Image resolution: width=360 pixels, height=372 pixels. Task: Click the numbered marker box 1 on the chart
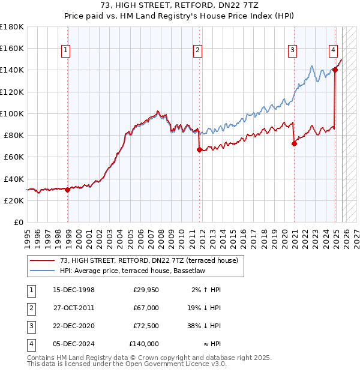coord(65,51)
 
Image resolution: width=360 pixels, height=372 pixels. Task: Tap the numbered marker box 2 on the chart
coord(197,51)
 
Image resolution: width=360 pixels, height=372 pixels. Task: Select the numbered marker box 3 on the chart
coord(292,51)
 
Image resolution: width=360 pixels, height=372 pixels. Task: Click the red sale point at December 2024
coord(335,70)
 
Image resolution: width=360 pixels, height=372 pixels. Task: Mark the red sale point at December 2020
coord(295,143)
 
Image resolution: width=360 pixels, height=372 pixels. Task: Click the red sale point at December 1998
coord(68,190)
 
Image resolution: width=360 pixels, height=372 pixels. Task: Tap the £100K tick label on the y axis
coord(12,113)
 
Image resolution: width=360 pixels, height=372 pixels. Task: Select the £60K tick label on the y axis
coord(14,157)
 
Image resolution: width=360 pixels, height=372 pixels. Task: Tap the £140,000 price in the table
coord(144,344)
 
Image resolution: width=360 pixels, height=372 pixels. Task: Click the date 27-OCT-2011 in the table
coord(74,308)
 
